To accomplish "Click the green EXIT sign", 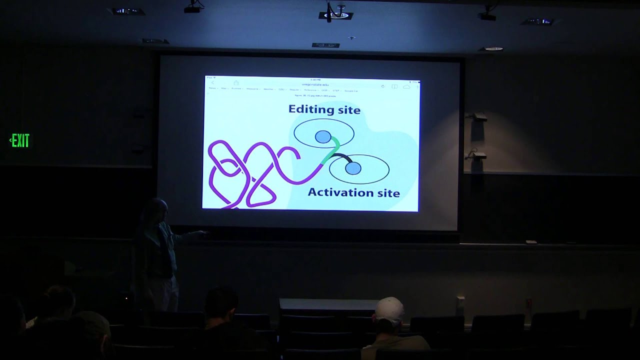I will [x=20, y=141].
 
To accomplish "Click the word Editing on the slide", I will [x=310, y=109].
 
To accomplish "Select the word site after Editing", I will [x=348, y=109].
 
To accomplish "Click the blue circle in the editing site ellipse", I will [x=323, y=136].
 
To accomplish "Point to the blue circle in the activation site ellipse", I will [x=353, y=168].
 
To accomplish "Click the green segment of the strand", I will [x=332, y=151].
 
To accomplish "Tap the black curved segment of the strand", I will [x=340, y=157].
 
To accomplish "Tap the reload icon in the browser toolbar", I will [x=382, y=86].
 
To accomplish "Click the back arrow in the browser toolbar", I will [x=212, y=83].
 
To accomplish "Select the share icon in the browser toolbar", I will [x=236, y=83].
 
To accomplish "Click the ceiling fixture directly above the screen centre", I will [x=336, y=15].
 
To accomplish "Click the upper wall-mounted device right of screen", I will [x=479, y=117].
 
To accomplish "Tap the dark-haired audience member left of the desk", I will [x=221, y=305].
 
